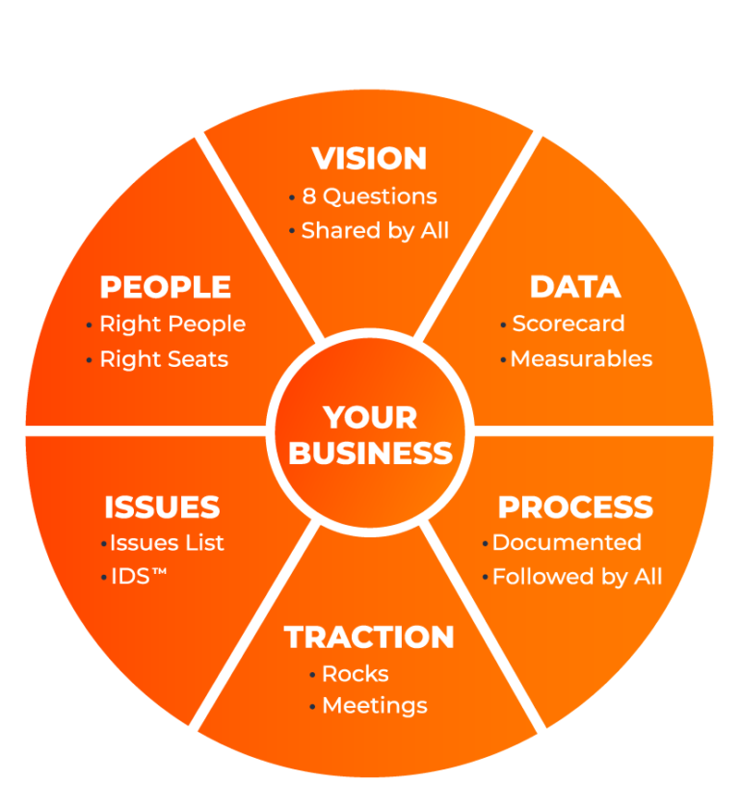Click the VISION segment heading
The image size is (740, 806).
point(369,158)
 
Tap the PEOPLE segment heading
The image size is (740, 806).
point(166,287)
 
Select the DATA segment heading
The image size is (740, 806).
point(575,287)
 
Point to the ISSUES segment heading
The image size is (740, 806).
point(162,507)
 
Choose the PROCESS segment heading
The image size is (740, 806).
point(575,507)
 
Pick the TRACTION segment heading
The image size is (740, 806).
point(369,637)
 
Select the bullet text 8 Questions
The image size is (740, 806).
point(369,196)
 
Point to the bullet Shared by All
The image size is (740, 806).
point(375,231)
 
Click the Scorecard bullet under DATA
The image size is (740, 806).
point(568,324)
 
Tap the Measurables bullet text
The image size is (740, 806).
point(581,359)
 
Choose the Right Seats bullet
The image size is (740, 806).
point(164,359)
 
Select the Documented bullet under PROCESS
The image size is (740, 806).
point(567,542)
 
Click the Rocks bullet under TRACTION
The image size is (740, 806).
point(356,673)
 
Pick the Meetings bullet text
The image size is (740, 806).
point(375,706)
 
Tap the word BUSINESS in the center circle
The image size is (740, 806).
point(371,453)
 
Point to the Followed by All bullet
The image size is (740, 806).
point(577,577)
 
